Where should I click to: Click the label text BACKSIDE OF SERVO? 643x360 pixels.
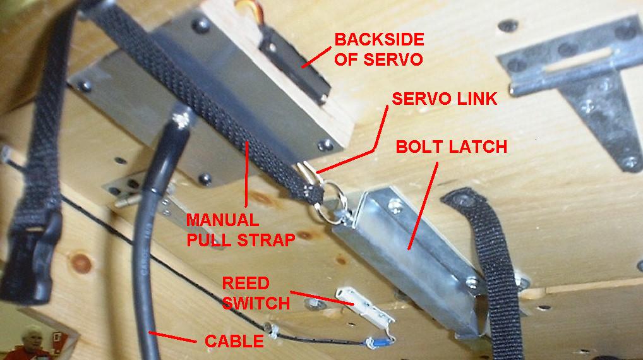(379, 49)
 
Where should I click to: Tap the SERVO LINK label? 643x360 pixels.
(445, 99)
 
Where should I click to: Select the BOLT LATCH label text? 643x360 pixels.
(452, 147)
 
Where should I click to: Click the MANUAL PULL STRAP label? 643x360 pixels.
(241, 230)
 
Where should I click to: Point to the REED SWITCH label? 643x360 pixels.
(256, 293)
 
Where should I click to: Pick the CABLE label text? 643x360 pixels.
(234, 341)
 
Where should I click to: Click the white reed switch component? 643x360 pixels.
(364, 307)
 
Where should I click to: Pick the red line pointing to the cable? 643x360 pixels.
(172, 337)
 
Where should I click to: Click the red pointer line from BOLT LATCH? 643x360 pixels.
(423, 205)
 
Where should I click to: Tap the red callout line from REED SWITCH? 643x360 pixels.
(322, 297)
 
